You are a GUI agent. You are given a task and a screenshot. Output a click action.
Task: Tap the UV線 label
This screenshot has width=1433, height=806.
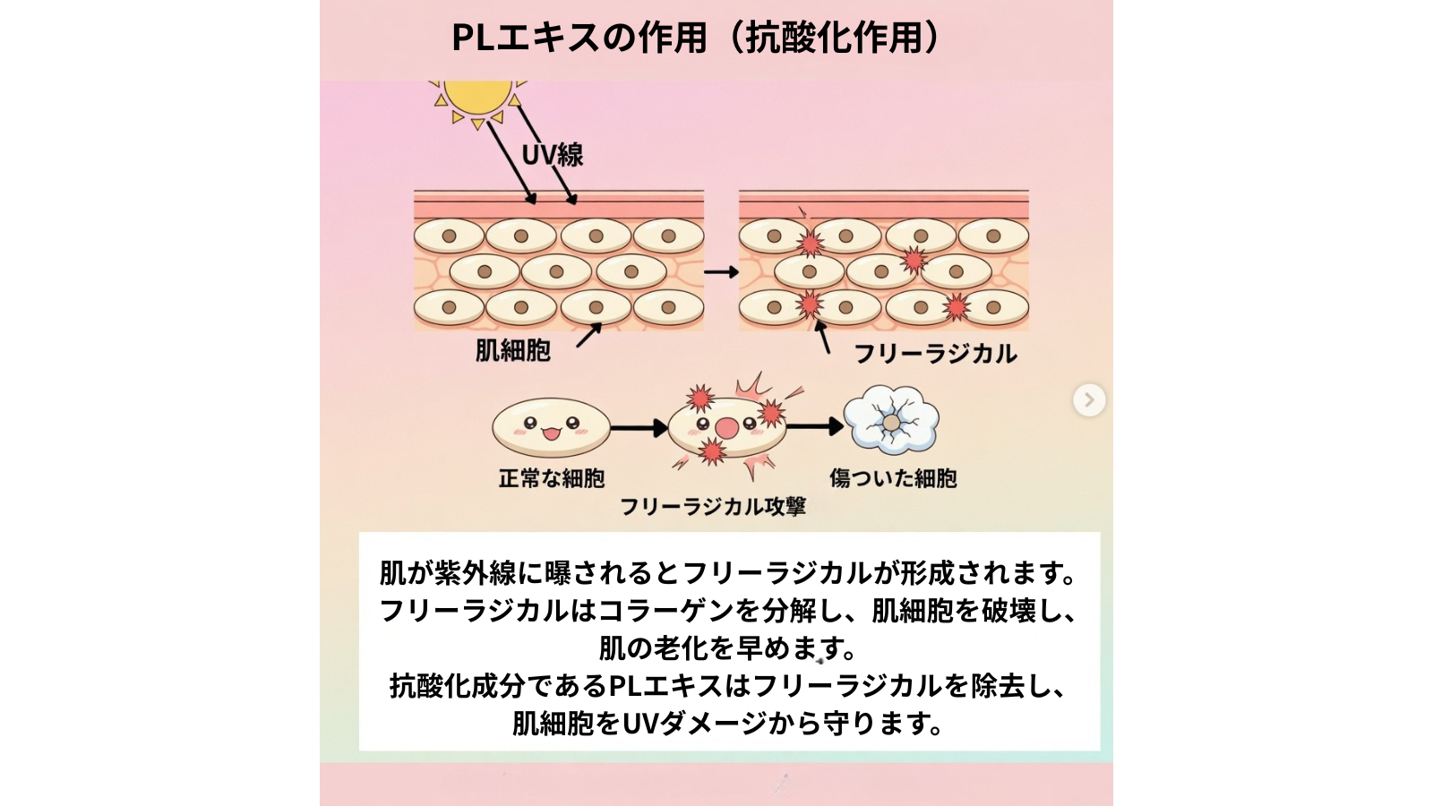pyautogui.click(x=553, y=155)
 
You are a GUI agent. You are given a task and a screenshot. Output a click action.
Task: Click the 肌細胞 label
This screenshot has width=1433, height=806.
pyautogui.click(x=512, y=350)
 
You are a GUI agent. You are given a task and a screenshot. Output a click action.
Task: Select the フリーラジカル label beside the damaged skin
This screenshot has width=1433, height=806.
pyautogui.click(x=935, y=354)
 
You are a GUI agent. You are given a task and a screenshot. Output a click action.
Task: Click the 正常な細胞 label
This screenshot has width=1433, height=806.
pyautogui.click(x=552, y=479)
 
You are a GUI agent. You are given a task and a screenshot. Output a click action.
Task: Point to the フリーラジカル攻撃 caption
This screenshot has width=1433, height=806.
pyautogui.click(x=713, y=507)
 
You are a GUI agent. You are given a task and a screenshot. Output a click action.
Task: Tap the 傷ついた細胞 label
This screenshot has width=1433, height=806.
pyautogui.click(x=893, y=478)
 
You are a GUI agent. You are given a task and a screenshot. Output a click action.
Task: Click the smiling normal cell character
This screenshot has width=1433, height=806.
pyautogui.click(x=551, y=427)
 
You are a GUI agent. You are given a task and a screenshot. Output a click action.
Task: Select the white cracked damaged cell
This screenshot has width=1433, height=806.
pyautogui.click(x=891, y=420)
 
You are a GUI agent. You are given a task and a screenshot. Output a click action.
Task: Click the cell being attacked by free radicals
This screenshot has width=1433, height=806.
pyautogui.click(x=727, y=428)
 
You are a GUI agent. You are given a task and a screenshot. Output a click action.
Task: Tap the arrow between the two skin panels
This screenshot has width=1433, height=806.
pyautogui.click(x=721, y=272)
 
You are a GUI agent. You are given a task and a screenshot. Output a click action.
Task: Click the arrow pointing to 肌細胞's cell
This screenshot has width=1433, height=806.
pyautogui.click(x=588, y=335)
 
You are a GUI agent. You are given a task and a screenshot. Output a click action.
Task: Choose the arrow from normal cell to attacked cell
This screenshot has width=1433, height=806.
pyautogui.click(x=639, y=428)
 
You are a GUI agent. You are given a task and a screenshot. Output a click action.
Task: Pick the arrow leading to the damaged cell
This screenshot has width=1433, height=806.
pyautogui.click(x=815, y=426)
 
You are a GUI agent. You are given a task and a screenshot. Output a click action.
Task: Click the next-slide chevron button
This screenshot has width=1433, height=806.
pyautogui.click(x=1089, y=399)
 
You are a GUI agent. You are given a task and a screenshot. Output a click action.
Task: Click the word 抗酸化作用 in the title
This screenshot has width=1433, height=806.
pyautogui.click(x=833, y=38)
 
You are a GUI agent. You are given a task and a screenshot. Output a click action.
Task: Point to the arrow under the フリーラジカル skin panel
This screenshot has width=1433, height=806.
pyautogui.click(x=822, y=337)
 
